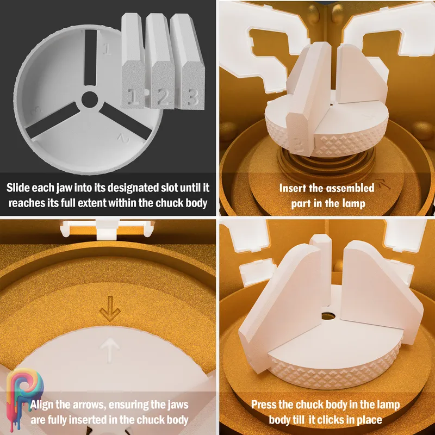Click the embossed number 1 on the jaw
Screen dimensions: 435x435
(x=134, y=97)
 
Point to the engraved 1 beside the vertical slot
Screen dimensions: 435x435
(x=107, y=49)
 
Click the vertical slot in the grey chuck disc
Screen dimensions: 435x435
(x=90, y=58)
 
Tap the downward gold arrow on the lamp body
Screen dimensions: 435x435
(x=110, y=308)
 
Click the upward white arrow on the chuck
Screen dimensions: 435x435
(x=110, y=350)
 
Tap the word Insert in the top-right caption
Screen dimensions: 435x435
(x=293, y=188)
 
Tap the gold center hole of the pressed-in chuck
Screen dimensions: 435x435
(x=328, y=316)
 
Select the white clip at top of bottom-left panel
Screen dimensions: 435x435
(x=108, y=229)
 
